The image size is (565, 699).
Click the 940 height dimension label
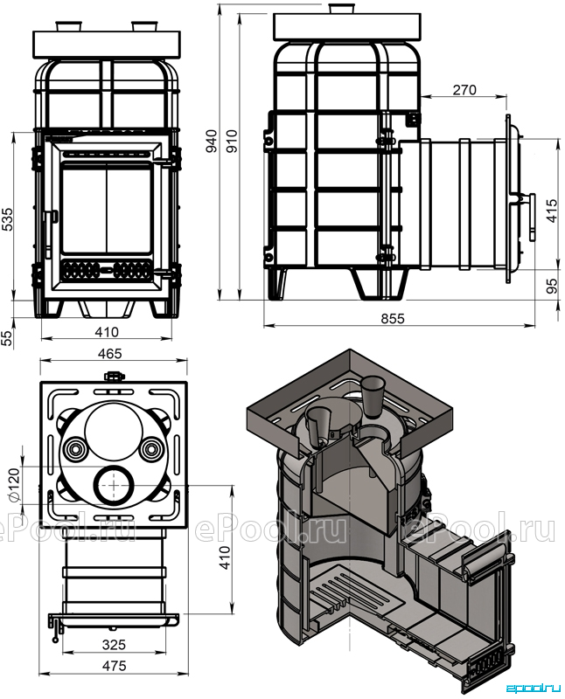[x=212, y=141]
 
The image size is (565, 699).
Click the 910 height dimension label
[x=232, y=141]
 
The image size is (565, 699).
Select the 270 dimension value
[x=464, y=90]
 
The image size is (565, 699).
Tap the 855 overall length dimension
[x=393, y=318]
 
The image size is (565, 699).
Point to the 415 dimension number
[x=552, y=211]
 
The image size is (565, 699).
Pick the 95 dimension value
[x=552, y=286]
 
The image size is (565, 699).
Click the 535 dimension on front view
[x=8, y=218]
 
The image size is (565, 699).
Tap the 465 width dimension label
[x=110, y=353]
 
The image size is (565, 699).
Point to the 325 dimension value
[x=114, y=644]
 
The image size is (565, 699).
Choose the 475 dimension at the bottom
[x=114, y=666]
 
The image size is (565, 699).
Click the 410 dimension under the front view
[x=107, y=332]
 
